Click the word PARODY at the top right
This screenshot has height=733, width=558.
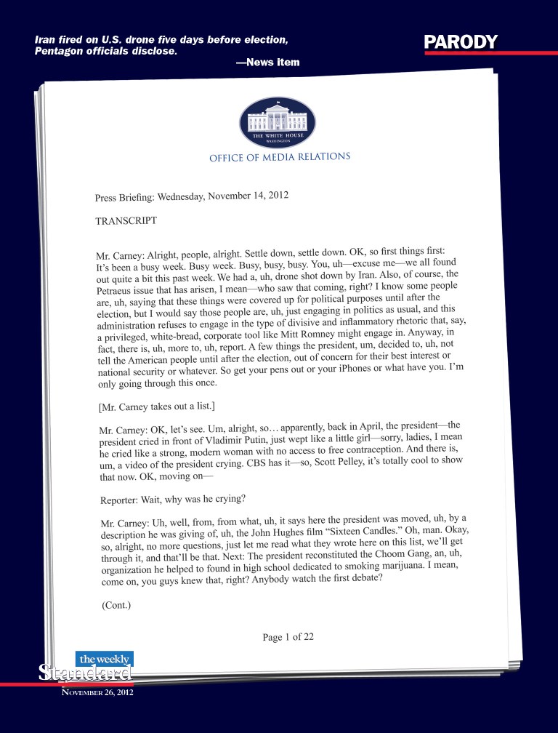click(x=461, y=42)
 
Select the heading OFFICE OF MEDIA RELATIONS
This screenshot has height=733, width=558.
click(x=280, y=157)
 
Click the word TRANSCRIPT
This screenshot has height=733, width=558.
click(x=126, y=220)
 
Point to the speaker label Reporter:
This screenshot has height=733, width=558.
click(x=122, y=502)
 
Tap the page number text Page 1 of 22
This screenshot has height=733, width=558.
click(x=288, y=638)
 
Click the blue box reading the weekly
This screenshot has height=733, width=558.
click(x=104, y=659)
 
